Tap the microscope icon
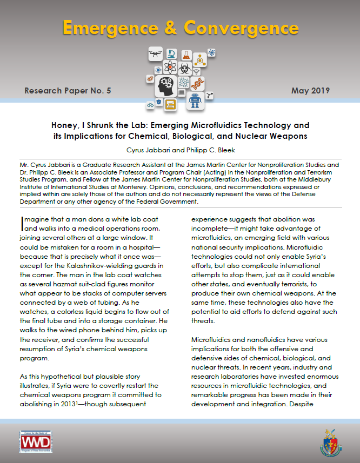point(171,53)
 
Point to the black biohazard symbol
point(184,70)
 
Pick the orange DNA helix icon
point(198,84)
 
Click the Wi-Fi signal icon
point(197,71)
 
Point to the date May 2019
point(310,90)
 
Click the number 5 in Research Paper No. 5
point(108,91)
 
